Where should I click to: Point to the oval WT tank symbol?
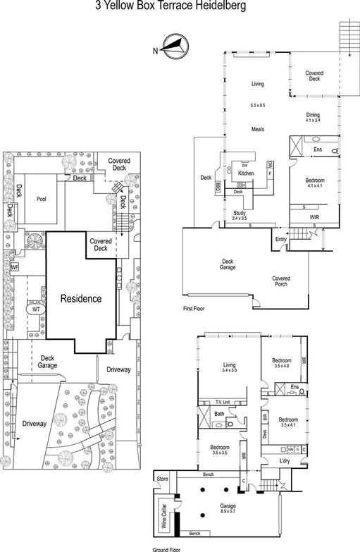[x=36, y=308]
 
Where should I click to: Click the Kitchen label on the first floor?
[x=246, y=173]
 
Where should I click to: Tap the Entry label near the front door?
[x=282, y=240]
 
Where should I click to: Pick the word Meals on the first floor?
[x=258, y=129]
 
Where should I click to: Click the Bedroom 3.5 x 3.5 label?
[x=218, y=448]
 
